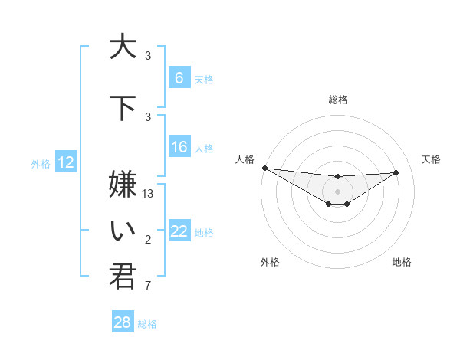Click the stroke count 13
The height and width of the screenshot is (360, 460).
[x=149, y=194]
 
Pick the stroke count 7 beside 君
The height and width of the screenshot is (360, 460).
[x=148, y=286]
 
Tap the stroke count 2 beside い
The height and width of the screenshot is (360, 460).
[x=148, y=241]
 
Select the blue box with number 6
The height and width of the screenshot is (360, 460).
[x=179, y=78]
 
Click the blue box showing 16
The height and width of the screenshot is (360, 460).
[x=179, y=148]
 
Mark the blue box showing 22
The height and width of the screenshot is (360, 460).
[x=179, y=231]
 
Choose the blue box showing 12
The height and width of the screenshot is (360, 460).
[x=66, y=162]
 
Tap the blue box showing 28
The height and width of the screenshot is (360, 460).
[x=123, y=322]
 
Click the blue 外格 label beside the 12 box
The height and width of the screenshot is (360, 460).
[x=41, y=163]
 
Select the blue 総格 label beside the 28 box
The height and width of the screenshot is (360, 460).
[x=148, y=324]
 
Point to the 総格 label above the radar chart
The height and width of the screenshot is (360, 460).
[x=337, y=100]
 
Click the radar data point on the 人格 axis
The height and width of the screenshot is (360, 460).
[x=264, y=168]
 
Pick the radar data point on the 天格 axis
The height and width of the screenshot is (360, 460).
[x=396, y=172]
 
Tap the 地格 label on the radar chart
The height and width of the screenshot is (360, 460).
[x=402, y=262]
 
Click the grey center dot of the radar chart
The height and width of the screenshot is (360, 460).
[x=337, y=191]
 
